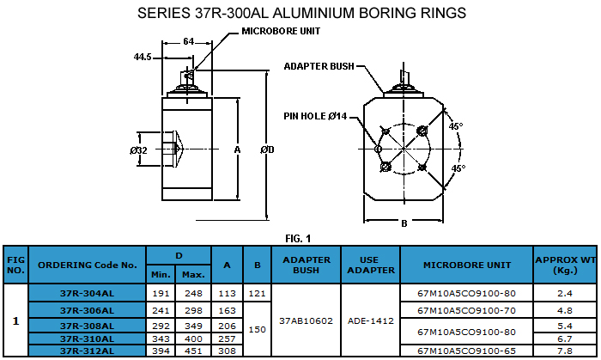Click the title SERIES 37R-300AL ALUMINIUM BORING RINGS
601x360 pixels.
coord(301,13)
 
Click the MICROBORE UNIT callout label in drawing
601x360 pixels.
coord(281,30)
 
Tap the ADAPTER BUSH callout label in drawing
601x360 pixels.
coord(319,65)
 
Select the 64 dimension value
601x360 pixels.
coord(189,41)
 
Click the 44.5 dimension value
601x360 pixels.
coord(143,57)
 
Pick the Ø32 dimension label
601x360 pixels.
coord(139,150)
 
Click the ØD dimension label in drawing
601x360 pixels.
coord(267,150)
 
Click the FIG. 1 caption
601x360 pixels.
coord(298,238)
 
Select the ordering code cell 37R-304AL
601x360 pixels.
coord(88,293)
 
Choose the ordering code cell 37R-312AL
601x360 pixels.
coord(88,351)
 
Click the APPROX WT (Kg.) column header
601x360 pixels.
coord(565,265)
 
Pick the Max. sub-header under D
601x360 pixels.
coord(193,274)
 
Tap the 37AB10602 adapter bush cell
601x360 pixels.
coord(307,321)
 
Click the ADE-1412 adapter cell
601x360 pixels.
coord(371,321)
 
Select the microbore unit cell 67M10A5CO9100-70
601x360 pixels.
coord(466,309)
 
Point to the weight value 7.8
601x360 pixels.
coord(565,351)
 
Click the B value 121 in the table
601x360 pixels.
coord(257,293)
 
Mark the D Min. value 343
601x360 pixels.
coord(161,339)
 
